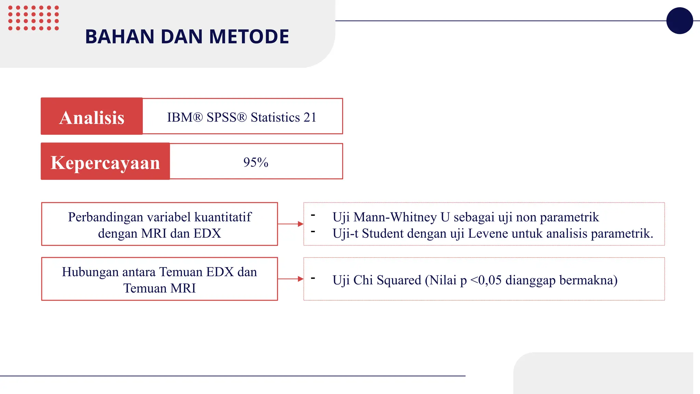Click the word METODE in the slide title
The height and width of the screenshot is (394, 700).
click(249, 37)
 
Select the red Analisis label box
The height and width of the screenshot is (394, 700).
click(92, 117)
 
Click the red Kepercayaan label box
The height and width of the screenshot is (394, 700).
click(105, 162)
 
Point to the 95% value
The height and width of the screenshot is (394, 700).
click(256, 162)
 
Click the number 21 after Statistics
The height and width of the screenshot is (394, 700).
click(310, 117)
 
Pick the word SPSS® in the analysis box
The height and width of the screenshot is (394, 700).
click(226, 117)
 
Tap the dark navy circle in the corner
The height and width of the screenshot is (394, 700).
click(679, 21)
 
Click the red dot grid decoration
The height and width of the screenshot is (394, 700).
click(33, 18)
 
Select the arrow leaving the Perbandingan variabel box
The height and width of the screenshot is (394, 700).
click(291, 224)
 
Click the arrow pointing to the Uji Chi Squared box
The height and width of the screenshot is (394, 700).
click(291, 279)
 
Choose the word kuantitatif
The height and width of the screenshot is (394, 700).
click(223, 217)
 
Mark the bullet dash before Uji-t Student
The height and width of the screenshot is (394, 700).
click(313, 232)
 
